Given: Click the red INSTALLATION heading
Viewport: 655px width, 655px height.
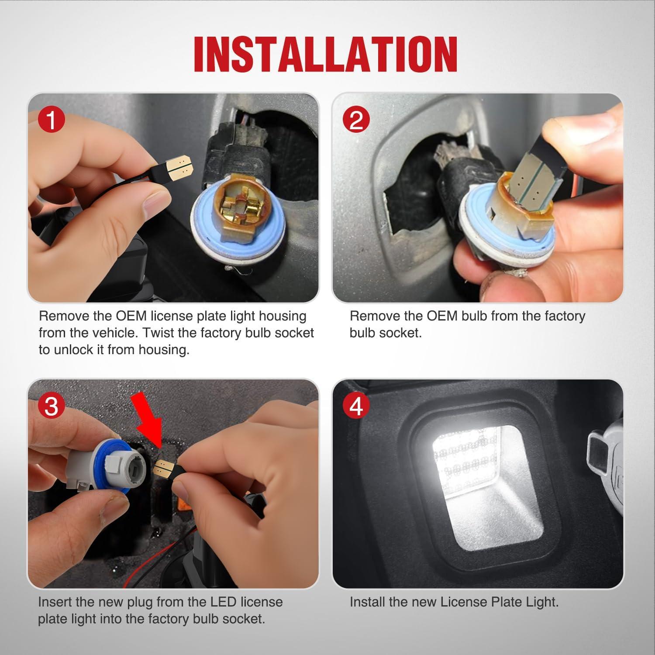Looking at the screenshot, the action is pos(326,54).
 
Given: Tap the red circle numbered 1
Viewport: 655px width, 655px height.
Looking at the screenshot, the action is pos(52,120).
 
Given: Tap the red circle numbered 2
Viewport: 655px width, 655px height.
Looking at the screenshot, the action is pos(356,120).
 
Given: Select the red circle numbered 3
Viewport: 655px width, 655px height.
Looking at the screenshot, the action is pos(52,406).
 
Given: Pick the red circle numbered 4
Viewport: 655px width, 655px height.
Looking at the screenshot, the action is pos(356,406).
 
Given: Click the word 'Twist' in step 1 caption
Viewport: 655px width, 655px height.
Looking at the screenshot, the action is pos(159,333).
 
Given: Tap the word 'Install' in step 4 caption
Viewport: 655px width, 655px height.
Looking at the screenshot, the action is pos(367,602).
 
